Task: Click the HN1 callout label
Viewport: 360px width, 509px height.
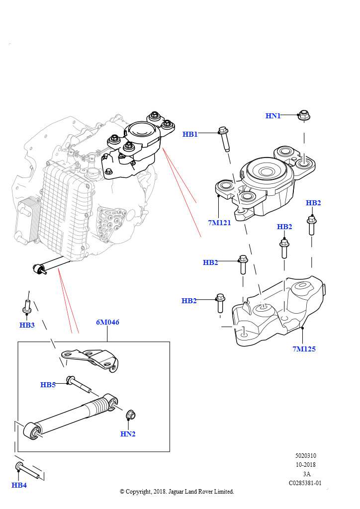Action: (x=273, y=116)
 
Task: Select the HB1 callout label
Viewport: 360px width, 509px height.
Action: (x=190, y=134)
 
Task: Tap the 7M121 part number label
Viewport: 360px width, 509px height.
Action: (x=220, y=223)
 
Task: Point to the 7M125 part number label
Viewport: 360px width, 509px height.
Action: (x=304, y=349)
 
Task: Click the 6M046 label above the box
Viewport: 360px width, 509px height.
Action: (x=107, y=322)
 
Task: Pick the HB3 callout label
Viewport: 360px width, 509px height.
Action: (x=27, y=325)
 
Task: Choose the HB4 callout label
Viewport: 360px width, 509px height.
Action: (x=19, y=485)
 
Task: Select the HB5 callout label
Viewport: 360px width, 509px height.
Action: (x=48, y=385)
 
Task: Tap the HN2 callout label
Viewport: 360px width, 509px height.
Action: (x=128, y=434)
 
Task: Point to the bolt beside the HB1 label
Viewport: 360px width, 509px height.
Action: (x=224, y=139)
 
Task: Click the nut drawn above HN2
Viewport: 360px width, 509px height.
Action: (x=130, y=414)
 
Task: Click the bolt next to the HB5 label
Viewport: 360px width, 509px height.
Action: (x=80, y=383)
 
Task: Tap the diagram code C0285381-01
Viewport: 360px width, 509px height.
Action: (x=305, y=483)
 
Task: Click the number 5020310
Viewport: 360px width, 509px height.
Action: (x=305, y=456)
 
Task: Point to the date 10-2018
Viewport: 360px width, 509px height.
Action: (x=305, y=465)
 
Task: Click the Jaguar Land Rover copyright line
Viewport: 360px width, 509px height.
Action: (x=177, y=492)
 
